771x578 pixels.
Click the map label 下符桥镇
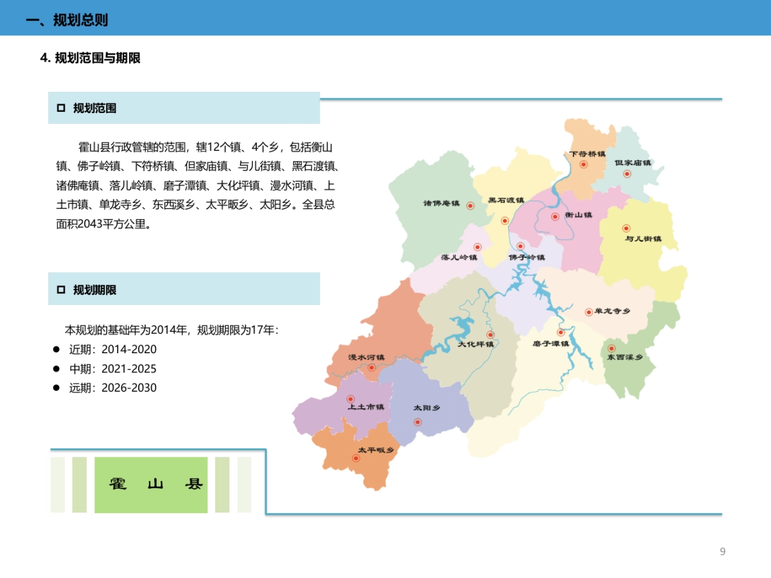588,154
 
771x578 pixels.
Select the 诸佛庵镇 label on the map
441,204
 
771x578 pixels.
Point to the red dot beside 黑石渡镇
505,220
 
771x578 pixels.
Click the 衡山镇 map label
578,215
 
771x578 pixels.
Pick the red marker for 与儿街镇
626,228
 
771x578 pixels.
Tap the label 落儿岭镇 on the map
459,258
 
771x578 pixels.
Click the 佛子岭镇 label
527,258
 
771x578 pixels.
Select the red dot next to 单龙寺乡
589,312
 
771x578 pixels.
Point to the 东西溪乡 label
625,358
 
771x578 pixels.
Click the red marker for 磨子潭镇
561,333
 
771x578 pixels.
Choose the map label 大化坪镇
476,344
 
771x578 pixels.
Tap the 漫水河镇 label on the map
366,357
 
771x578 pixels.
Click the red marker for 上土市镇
351,399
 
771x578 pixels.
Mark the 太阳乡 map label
427,408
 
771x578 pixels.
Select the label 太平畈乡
376,450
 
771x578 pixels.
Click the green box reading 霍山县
151,485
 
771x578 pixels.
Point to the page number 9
723,552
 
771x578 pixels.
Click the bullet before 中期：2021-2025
56,369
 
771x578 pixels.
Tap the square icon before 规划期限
61,290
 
